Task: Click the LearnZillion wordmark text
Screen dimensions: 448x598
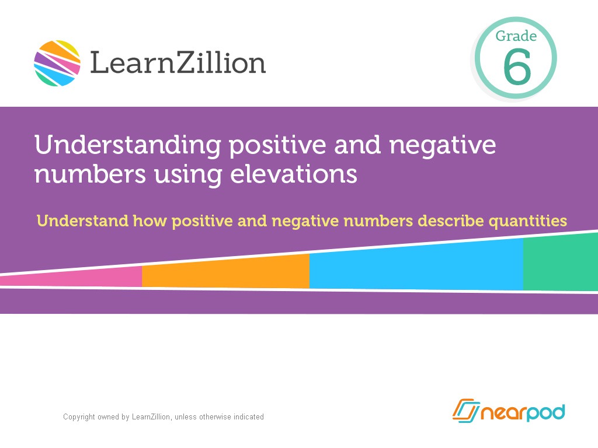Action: (x=178, y=63)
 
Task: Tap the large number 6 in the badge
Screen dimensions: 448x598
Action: (x=517, y=67)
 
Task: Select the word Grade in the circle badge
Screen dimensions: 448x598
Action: (x=516, y=36)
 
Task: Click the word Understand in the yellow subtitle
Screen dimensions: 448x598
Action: (x=82, y=221)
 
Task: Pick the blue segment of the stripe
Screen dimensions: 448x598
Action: (x=416, y=266)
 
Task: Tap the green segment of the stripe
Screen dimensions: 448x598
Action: (x=560, y=263)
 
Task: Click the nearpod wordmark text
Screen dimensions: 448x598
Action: (x=522, y=412)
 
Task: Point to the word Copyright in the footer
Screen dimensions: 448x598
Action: (x=79, y=417)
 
